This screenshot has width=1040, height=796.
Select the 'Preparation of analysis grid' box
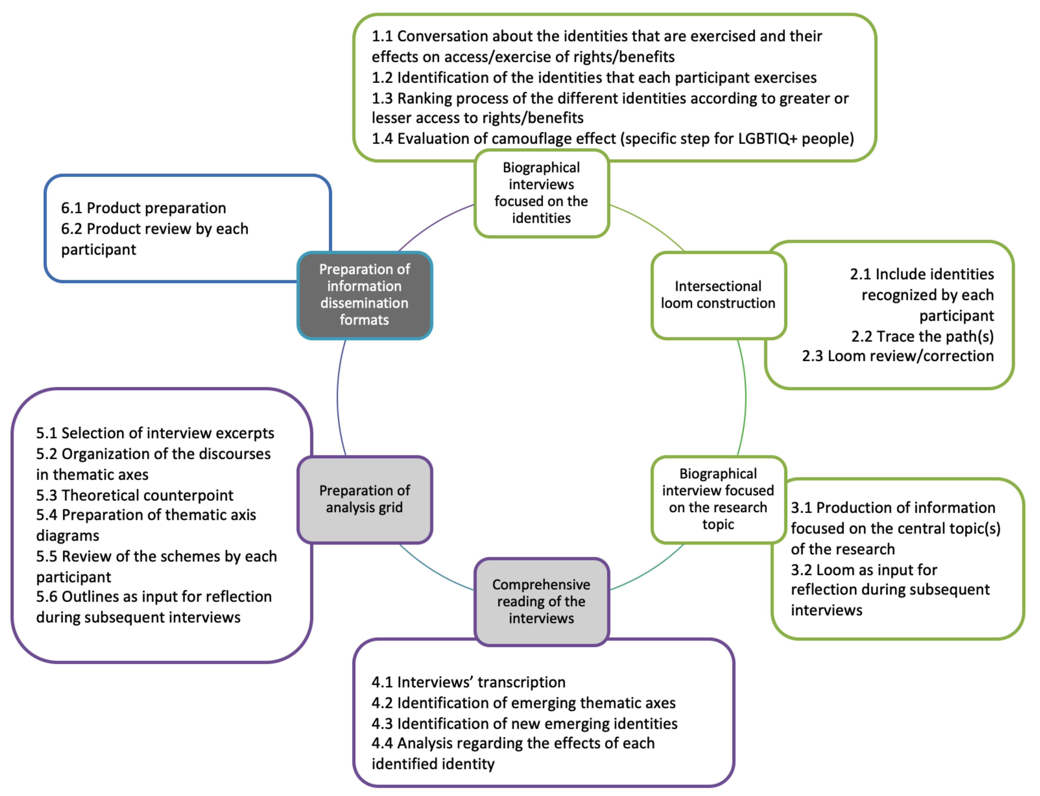click(364, 499)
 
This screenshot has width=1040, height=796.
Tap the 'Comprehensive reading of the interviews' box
click(541, 601)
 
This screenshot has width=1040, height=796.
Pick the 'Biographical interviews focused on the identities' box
click(541, 193)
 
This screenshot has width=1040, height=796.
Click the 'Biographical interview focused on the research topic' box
click(718, 499)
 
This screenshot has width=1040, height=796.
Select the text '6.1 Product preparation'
click(144, 208)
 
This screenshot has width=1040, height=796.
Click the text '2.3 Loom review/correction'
click(897, 356)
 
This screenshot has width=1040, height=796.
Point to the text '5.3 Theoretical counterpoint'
click(135, 495)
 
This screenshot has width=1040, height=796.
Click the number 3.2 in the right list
click(801, 570)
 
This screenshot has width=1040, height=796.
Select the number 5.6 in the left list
click(47, 597)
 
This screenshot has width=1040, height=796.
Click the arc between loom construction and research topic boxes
click(745, 397)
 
